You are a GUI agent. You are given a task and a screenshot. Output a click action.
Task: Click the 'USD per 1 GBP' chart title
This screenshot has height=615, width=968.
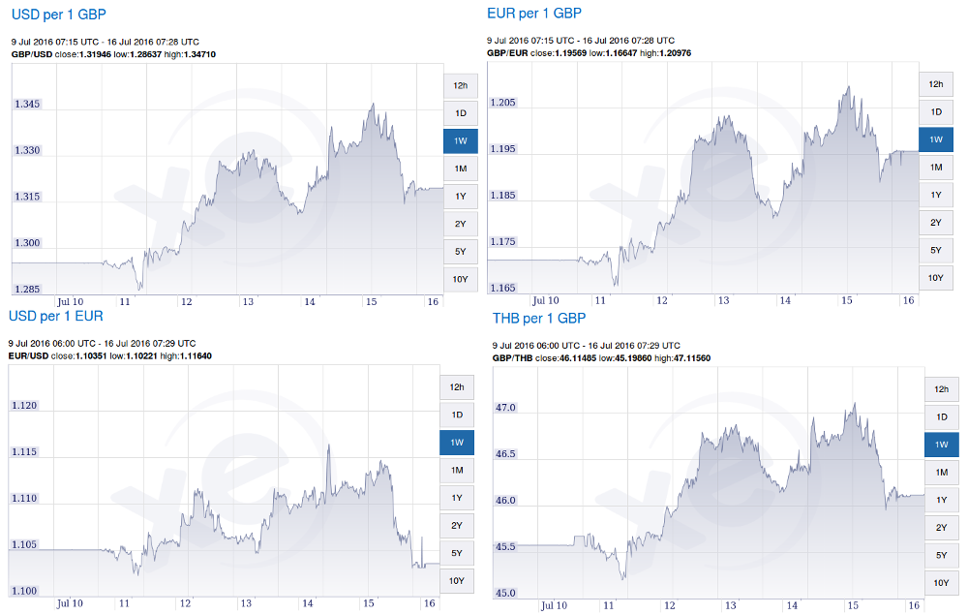pyautogui.click(x=58, y=15)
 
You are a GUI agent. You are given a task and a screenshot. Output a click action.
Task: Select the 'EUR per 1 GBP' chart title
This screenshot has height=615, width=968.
pyautogui.click(x=534, y=13)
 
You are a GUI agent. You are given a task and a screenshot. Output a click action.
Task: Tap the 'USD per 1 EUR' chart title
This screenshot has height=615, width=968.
pyautogui.click(x=55, y=316)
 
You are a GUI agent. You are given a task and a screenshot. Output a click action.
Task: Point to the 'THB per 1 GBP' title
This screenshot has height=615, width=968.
pyautogui.click(x=539, y=318)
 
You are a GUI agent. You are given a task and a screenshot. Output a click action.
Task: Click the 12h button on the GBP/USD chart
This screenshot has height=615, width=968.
pyautogui.click(x=461, y=85)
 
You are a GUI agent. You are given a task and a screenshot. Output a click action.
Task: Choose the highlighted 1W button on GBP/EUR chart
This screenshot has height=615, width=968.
pyautogui.click(x=936, y=139)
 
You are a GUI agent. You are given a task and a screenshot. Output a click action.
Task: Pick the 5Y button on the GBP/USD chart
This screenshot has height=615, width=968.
pyautogui.click(x=461, y=252)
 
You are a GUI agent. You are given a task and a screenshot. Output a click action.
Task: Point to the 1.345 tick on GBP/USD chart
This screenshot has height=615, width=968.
pyautogui.click(x=27, y=104)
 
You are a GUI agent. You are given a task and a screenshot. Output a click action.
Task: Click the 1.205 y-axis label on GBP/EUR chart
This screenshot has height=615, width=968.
pyautogui.click(x=503, y=102)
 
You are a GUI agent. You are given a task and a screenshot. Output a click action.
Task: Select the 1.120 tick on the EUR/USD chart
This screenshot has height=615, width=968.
pyautogui.click(x=24, y=406)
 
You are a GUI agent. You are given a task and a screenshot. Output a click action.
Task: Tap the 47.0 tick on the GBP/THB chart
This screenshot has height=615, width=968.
pyautogui.click(x=505, y=408)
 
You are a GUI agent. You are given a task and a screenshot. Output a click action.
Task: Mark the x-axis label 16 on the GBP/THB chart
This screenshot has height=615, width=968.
pyautogui.click(x=912, y=605)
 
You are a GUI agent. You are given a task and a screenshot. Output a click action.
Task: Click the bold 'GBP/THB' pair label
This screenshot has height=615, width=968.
pyautogui.click(x=513, y=357)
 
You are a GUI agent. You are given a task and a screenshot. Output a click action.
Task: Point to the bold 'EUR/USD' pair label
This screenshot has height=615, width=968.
pyautogui.click(x=28, y=356)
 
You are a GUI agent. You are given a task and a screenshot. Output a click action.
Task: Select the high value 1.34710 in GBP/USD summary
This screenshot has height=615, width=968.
pyautogui.click(x=197, y=54)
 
